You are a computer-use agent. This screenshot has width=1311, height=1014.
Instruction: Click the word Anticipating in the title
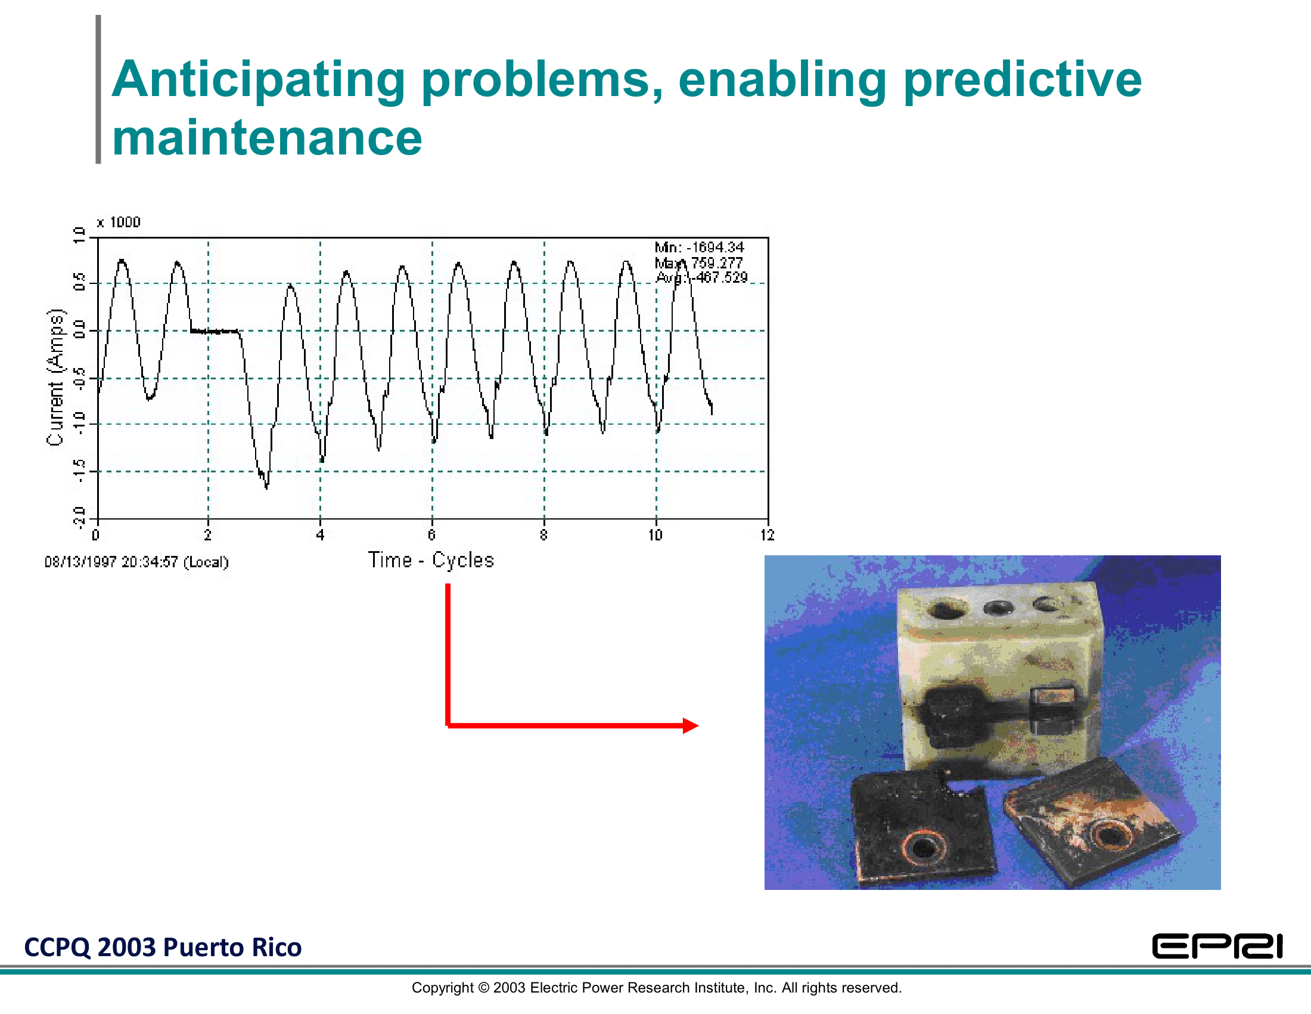click(259, 81)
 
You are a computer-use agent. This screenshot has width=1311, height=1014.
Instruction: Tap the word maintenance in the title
click(267, 138)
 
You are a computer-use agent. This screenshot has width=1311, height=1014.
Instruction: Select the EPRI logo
click(1217, 946)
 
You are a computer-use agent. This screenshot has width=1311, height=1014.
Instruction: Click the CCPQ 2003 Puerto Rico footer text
click(163, 947)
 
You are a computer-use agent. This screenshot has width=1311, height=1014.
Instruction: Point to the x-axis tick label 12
click(767, 535)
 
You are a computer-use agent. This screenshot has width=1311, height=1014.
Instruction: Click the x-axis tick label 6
click(431, 535)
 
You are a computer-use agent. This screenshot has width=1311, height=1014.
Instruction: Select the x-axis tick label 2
click(208, 535)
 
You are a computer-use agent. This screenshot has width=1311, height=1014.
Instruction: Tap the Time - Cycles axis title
click(430, 560)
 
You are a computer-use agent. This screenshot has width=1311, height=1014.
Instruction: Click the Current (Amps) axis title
click(55, 377)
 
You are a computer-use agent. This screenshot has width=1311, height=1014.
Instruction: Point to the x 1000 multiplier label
click(119, 222)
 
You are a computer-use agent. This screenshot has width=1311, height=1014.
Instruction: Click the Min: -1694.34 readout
click(700, 247)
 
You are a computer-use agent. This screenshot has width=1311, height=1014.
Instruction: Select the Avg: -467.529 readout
click(702, 277)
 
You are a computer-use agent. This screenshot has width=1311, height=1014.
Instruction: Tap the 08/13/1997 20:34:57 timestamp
click(137, 562)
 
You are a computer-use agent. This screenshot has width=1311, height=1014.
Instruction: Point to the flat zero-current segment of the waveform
click(215, 331)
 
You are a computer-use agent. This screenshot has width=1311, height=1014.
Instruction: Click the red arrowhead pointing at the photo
click(691, 726)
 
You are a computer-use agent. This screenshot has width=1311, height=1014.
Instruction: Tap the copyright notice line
click(657, 988)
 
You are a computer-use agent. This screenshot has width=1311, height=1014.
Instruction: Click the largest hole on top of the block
click(946, 610)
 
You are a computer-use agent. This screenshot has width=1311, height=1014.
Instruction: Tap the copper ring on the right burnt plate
click(1111, 835)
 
